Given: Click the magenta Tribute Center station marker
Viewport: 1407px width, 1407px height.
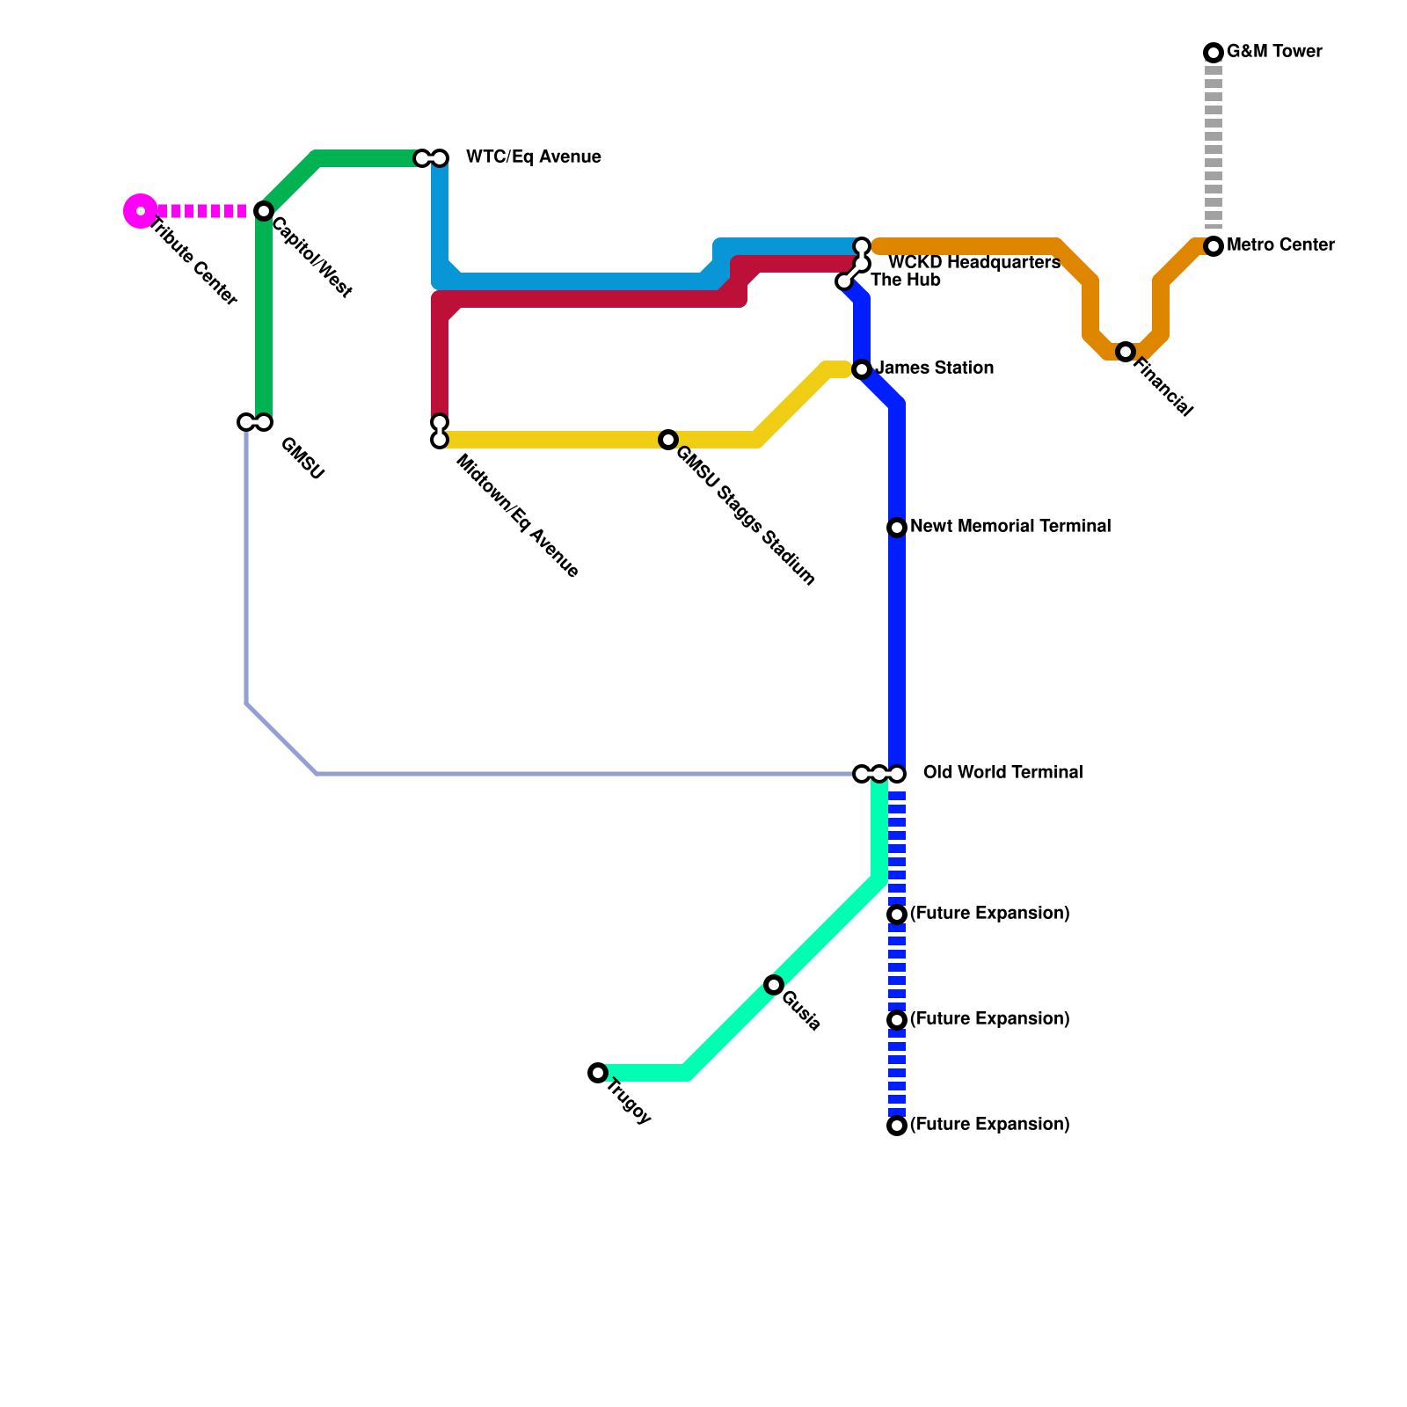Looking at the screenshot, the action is click(140, 211).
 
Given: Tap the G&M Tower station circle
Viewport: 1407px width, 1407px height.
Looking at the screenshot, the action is click(1214, 53).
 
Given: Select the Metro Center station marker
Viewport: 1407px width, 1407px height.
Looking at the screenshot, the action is click(1214, 246).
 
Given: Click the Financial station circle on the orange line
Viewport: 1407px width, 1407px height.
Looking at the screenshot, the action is click(1126, 352).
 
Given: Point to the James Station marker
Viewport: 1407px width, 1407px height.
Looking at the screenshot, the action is click(862, 369).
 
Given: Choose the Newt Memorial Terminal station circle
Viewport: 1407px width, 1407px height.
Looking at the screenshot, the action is click(897, 528).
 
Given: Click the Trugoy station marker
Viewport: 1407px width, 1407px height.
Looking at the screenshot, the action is click(598, 1073).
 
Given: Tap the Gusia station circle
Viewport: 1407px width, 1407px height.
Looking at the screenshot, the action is click(774, 985).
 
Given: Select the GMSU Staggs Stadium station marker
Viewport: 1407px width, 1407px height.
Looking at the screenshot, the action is click(668, 440).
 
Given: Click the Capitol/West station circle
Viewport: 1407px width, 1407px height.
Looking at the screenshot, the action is click(264, 211).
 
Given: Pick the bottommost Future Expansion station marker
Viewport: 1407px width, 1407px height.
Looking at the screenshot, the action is click(897, 1126).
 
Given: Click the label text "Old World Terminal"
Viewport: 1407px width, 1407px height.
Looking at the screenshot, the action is click(1002, 773).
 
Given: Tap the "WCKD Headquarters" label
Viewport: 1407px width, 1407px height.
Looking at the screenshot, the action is click(973, 263).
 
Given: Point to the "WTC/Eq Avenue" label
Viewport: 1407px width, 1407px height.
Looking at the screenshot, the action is click(533, 157).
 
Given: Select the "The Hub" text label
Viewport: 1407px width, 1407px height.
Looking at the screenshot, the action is click(906, 281).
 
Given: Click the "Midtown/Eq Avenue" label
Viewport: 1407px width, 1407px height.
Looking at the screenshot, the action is click(517, 517).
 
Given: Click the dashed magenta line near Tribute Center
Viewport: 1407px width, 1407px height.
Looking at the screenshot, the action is click(202, 211).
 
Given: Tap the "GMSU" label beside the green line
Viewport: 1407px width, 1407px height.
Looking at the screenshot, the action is click(303, 459).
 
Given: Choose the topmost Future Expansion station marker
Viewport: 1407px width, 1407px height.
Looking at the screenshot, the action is click(897, 915).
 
